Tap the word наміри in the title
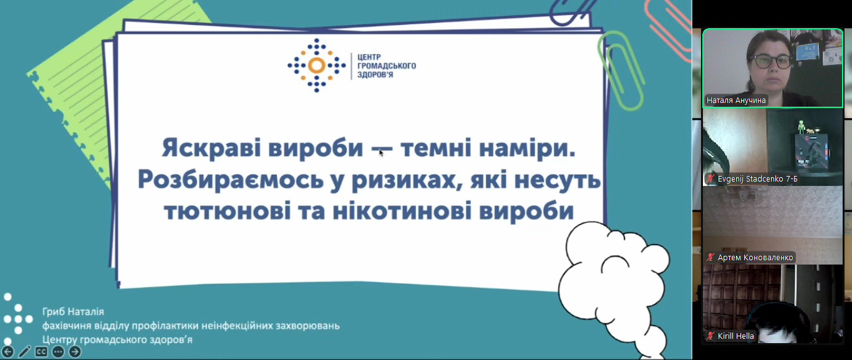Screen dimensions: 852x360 tap(527, 148)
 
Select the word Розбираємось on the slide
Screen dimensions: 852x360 tap(231, 180)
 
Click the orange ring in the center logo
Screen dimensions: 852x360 tap(316, 66)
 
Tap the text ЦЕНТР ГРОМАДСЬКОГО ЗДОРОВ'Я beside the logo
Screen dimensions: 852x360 tap(387, 66)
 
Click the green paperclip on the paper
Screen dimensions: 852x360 tap(620, 71)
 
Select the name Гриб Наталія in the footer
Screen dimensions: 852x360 tap(73, 312)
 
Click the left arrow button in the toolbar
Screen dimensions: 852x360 tap(7, 352)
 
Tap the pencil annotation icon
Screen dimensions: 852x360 tap(24, 352)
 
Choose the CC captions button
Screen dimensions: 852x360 tap(41, 352)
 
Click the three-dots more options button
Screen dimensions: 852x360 tap(58, 352)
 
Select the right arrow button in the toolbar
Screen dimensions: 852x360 tap(75, 352)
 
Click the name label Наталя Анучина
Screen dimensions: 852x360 tap(736, 100)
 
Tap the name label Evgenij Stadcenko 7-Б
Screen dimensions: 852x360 tap(757, 178)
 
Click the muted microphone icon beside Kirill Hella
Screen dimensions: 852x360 tap(710, 336)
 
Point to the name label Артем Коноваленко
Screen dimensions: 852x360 tap(755, 257)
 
